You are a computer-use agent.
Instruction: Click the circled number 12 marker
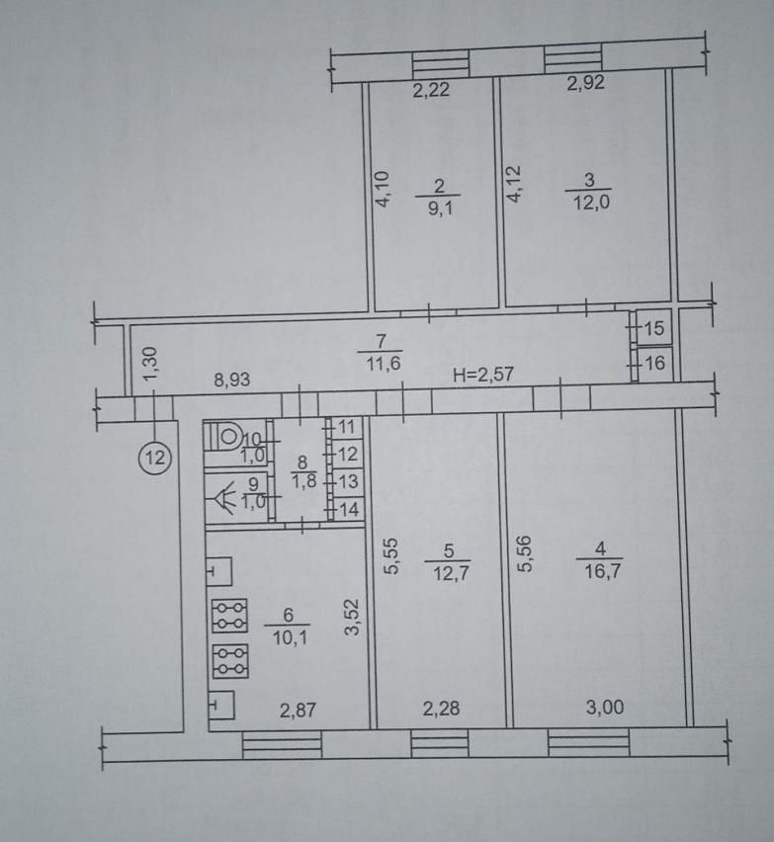155,458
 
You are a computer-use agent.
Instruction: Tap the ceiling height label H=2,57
483,375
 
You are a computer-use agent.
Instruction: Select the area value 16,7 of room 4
602,571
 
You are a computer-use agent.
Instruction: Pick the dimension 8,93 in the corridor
232,379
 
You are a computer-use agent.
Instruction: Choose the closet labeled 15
651,327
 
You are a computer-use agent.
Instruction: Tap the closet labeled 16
652,364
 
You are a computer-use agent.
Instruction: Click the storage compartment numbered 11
345,428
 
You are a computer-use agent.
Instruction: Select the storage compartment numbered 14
346,509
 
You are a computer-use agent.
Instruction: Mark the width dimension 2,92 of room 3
586,83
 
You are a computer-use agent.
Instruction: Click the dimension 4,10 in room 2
383,189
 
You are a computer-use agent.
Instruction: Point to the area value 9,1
440,209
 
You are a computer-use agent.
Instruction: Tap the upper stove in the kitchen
230,616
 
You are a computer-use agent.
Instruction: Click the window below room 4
589,742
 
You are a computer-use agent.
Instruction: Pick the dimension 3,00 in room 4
605,708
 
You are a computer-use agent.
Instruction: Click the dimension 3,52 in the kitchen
352,618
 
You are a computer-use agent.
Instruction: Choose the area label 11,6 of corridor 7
383,364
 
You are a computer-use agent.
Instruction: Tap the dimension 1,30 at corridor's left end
151,364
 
